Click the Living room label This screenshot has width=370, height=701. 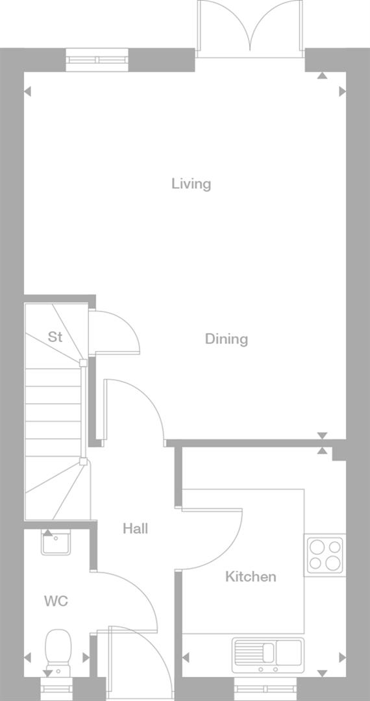(191, 184)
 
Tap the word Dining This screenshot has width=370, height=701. (227, 339)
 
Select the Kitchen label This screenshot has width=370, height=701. (251, 576)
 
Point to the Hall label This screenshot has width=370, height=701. (135, 529)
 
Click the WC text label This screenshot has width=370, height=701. (56, 602)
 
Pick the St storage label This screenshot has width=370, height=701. (55, 337)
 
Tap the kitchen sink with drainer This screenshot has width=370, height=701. (267, 654)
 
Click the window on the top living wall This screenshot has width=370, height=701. (97, 60)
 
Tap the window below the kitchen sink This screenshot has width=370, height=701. (267, 685)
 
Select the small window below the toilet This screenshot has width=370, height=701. (58, 685)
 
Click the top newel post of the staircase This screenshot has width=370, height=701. (83, 363)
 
